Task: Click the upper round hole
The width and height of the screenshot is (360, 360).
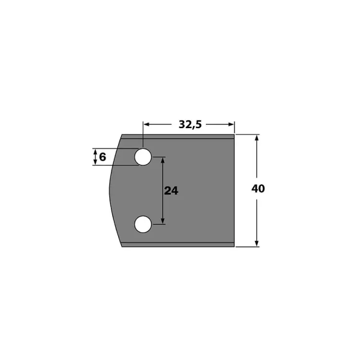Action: coord(143,157)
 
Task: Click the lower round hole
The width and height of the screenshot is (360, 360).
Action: coord(143,224)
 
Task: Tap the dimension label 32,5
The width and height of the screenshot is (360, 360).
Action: coord(190,124)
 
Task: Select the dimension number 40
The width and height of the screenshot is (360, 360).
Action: coord(258,189)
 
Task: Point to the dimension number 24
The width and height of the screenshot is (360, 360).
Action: coord(171,191)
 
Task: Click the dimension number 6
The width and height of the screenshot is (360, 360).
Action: coord(102,157)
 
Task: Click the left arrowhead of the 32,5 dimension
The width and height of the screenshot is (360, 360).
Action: coord(146,124)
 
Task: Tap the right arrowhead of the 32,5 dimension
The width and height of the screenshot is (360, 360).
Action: coord(231,124)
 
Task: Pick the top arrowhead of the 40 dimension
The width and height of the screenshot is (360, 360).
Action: coord(257,138)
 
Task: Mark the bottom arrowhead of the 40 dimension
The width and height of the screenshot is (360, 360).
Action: coord(257,243)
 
